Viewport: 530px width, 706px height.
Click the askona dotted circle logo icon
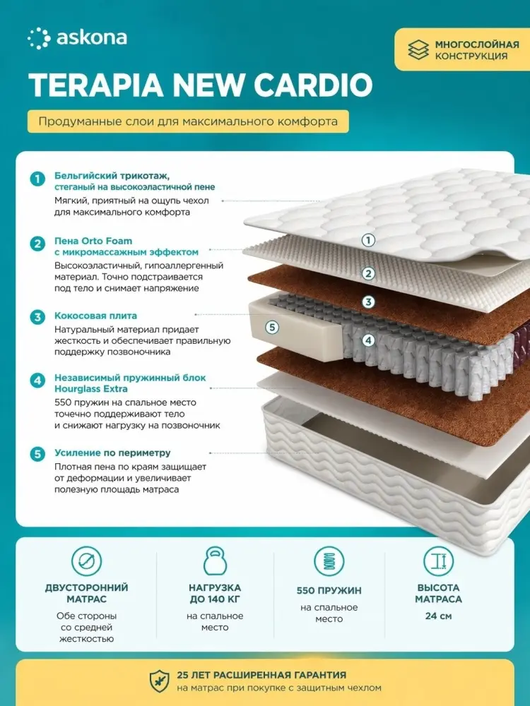tap(39, 38)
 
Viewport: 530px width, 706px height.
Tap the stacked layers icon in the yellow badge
tap(418, 50)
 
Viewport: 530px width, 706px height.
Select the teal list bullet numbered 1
tap(37, 179)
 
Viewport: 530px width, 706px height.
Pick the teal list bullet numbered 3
tap(37, 317)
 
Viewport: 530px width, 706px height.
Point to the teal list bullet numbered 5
tap(37, 454)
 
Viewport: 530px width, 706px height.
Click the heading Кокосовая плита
tap(95, 316)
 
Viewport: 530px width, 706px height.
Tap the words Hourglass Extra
tap(91, 388)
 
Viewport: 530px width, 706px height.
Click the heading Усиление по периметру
tap(112, 453)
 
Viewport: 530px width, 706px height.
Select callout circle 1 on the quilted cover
tap(368, 240)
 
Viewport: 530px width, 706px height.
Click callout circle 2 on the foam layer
tap(368, 273)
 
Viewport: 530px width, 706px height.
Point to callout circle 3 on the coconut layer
tap(368, 301)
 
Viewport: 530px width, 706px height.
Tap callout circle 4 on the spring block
tap(368, 340)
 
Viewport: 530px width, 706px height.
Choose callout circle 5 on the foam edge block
tap(272, 328)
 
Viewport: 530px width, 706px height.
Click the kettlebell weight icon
tap(215, 561)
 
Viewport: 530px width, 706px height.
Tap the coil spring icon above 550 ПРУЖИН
tap(329, 561)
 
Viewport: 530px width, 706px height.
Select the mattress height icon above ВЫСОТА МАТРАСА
tap(438, 561)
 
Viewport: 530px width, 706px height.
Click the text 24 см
tap(438, 616)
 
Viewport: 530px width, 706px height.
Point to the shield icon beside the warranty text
tap(159, 681)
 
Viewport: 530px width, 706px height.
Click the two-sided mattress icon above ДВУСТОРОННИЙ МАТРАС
tap(86, 561)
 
